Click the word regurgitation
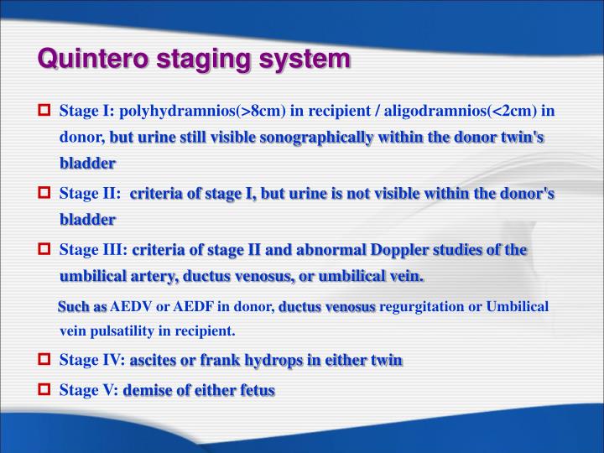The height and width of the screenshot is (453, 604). pos(421,306)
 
